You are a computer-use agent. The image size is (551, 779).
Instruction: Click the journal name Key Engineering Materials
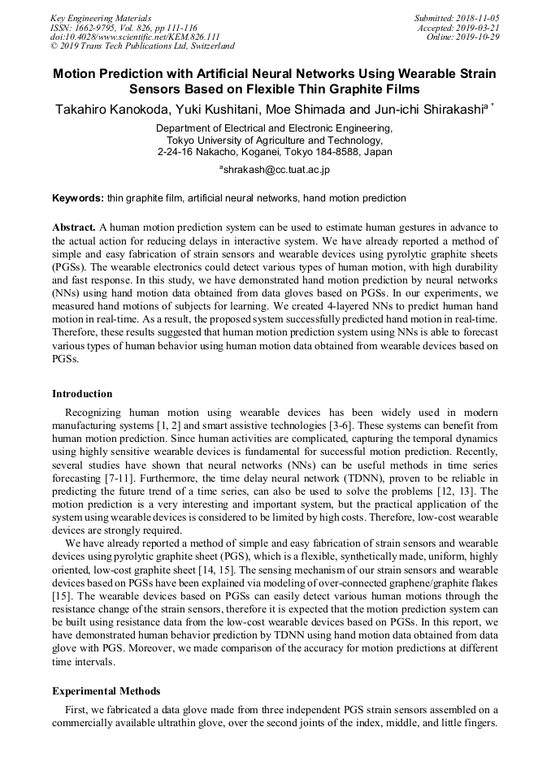[100, 18]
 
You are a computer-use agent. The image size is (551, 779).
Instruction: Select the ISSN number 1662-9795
[98, 28]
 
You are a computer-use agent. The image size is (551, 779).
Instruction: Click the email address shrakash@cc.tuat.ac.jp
[276, 170]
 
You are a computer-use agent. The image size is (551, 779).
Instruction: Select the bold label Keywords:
[78, 198]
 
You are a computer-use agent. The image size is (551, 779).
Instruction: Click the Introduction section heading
[82, 394]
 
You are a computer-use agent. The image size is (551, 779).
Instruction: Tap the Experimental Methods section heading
[106, 691]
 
